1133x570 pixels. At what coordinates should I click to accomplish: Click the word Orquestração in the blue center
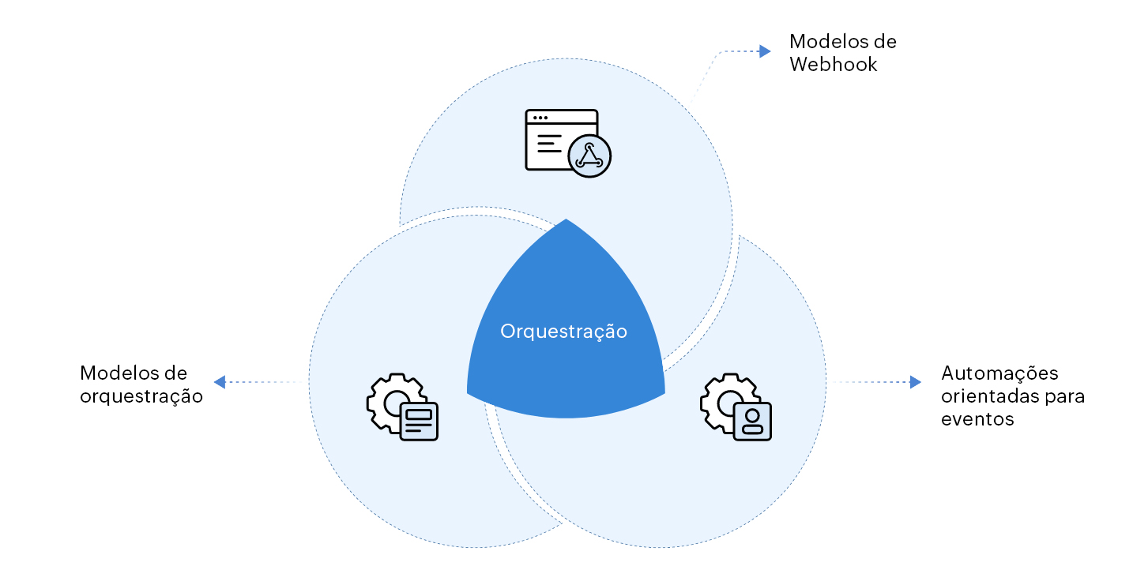point(563,332)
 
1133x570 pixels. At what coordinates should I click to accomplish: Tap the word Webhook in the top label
point(833,65)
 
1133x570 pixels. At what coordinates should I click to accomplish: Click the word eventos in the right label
point(977,419)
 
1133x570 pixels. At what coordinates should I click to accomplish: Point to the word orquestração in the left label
point(141,396)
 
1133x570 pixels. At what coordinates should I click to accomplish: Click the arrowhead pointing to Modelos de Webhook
point(764,51)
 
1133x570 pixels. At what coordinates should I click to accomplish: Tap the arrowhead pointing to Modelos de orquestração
point(220,382)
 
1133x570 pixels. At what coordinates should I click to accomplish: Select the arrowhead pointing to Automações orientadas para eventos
point(915,382)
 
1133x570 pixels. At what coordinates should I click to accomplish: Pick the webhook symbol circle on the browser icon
point(589,156)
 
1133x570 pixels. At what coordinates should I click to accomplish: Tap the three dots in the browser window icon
point(540,118)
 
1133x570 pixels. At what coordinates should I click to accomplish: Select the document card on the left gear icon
point(419,421)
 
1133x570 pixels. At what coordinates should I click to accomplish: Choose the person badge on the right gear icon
point(752,421)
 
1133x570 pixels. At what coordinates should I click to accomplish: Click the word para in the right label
point(1064,396)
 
